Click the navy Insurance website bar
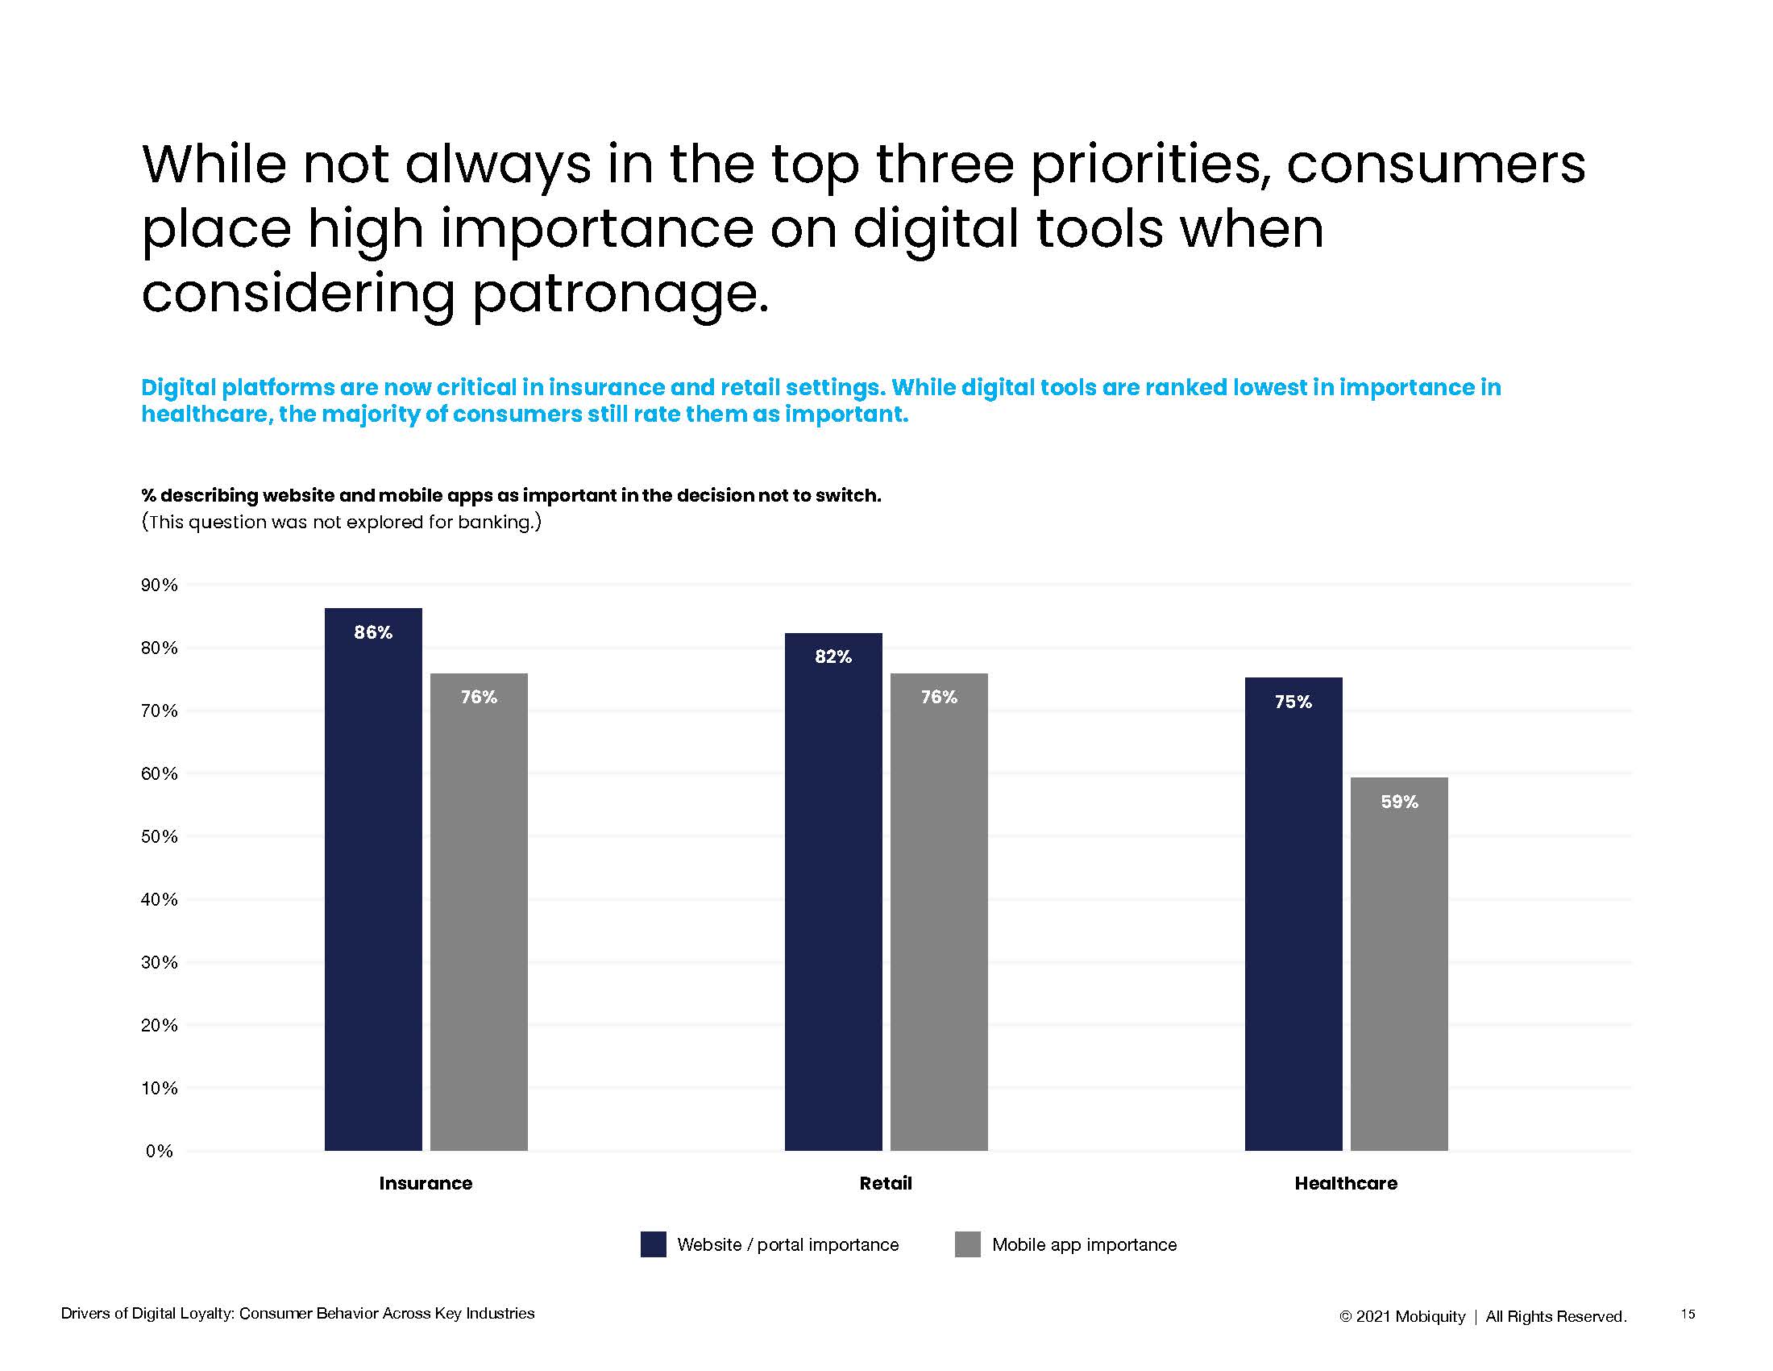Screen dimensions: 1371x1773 372,894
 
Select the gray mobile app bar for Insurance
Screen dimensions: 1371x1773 478,918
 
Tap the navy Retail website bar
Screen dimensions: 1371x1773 833,902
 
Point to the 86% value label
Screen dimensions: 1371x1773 372,632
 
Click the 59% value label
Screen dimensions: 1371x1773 1399,802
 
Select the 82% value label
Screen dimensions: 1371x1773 833,656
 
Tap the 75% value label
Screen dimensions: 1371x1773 1293,701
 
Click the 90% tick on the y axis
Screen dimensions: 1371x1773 159,585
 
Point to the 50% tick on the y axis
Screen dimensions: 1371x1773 159,836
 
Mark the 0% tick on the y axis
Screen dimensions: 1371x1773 159,1151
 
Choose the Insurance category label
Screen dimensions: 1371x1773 426,1183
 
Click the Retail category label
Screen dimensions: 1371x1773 886,1183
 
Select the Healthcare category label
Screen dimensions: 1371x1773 1345,1183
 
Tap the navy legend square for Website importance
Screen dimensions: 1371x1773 653,1244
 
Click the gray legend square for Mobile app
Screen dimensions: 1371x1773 967,1244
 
